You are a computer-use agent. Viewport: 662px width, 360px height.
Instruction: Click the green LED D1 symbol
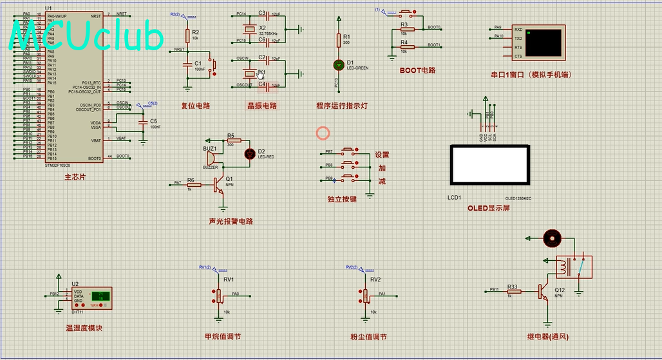tap(339, 64)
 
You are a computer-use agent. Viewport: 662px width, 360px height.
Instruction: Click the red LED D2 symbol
tap(251, 153)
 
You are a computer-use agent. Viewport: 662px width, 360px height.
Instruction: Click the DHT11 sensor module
tap(100, 297)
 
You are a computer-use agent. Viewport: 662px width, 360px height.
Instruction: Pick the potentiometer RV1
tap(219, 296)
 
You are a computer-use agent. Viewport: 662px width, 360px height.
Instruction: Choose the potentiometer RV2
tap(365, 296)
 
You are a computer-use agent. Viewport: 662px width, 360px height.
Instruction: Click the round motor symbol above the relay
tap(551, 238)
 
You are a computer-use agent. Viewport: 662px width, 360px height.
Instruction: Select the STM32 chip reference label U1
tap(49, 9)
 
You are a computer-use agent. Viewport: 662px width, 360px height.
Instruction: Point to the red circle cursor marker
tap(323, 133)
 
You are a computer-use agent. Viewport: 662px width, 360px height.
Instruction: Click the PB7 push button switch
tap(348, 152)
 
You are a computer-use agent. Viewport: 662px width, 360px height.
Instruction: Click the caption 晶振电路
tap(262, 106)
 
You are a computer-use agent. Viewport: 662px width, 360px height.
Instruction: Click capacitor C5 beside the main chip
tap(142, 122)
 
